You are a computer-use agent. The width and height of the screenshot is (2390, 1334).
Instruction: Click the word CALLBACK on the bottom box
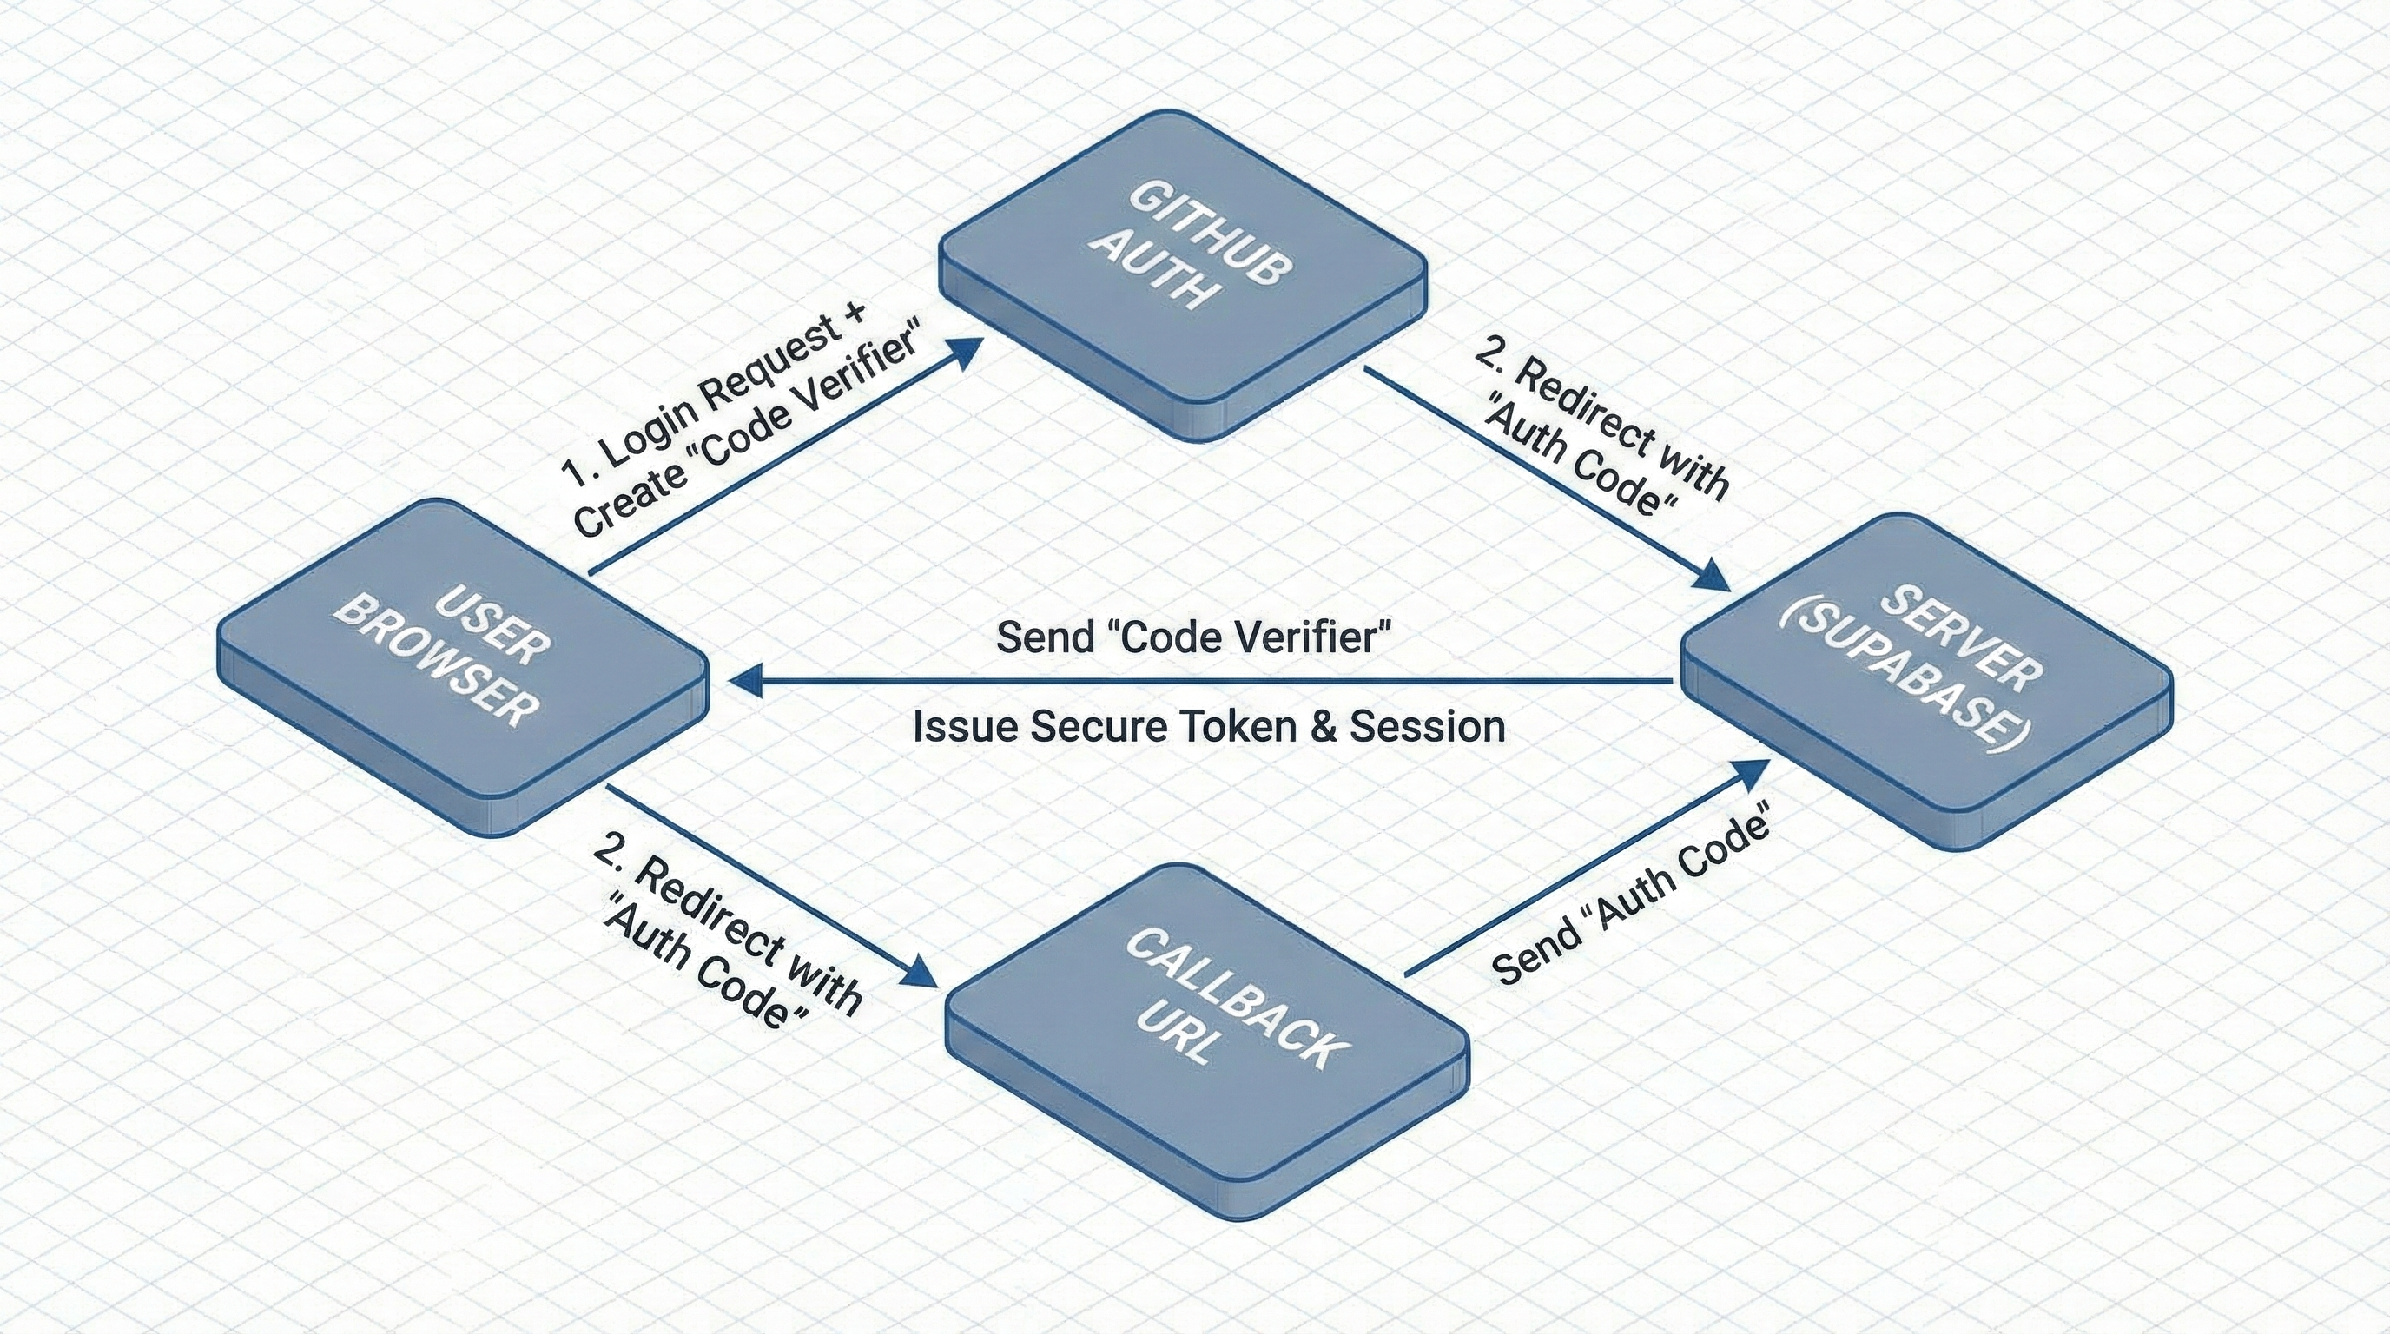[x=1234, y=997]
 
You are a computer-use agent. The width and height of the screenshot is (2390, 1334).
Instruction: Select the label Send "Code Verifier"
[x=1194, y=637]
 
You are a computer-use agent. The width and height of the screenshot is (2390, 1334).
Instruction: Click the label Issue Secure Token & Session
[x=1209, y=726]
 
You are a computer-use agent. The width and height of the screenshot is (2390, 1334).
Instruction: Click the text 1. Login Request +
[x=715, y=394]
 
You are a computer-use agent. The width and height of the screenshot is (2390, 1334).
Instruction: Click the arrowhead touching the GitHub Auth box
[x=965, y=349]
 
